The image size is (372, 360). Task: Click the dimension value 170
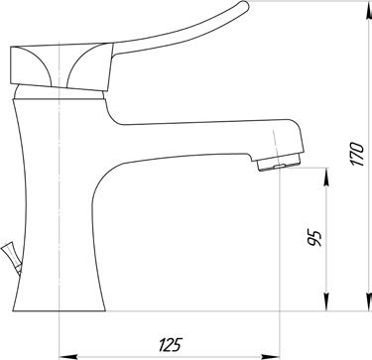point(357,154)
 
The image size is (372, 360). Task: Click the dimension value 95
point(314,238)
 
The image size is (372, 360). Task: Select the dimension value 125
point(171,345)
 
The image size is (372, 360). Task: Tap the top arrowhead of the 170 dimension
point(368,11)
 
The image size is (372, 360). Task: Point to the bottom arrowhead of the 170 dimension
point(368,301)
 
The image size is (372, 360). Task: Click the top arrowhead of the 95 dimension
point(326,178)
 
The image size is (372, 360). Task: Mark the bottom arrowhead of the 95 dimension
point(326,301)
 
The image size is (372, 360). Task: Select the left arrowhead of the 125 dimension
point(68,357)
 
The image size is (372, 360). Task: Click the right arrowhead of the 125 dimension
point(271,357)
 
